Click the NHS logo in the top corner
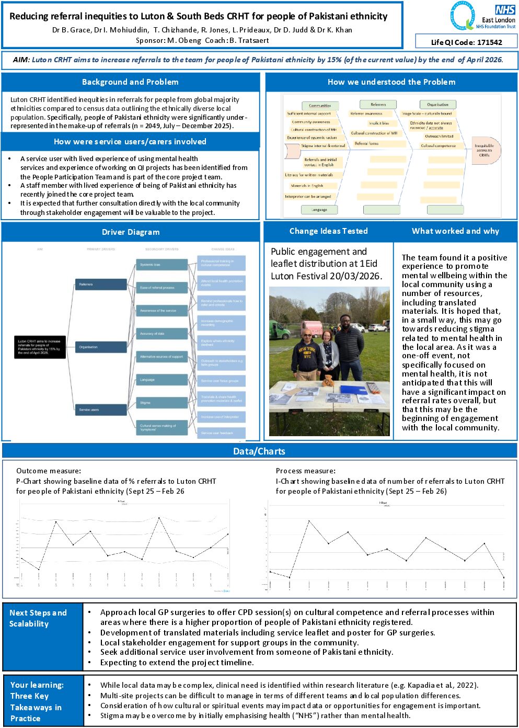click(x=505, y=10)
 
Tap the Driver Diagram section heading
click(x=131, y=232)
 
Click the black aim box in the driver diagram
click(x=40, y=347)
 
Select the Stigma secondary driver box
click(x=162, y=403)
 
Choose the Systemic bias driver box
click(x=162, y=265)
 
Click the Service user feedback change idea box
click(x=221, y=433)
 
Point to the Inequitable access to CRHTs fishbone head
click(x=485, y=151)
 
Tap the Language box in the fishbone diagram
click(x=319, y=210)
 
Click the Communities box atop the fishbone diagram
click(x=320, y=105)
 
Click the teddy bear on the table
click(x=328, y=379)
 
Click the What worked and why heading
click(x=455, y=231)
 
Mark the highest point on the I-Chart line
click(x=309, y=521)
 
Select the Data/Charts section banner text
click(x=259, y=451)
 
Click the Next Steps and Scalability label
click(x=38, y=618)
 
